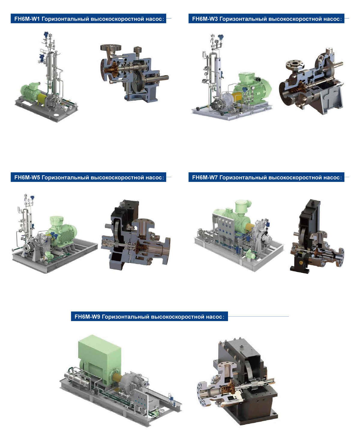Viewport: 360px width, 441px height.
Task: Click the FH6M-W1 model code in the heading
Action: click(x=27, y=19)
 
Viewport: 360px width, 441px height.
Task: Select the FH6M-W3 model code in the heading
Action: click(x=205, y=19)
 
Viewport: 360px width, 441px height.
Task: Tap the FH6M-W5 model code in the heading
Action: click(x=27, y=177)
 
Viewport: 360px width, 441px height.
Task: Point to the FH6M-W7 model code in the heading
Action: click(x=205, y=177)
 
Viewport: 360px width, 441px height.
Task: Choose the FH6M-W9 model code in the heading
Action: click(x=87, y=317)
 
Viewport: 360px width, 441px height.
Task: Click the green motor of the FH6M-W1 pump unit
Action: click(x=30, y=91)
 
